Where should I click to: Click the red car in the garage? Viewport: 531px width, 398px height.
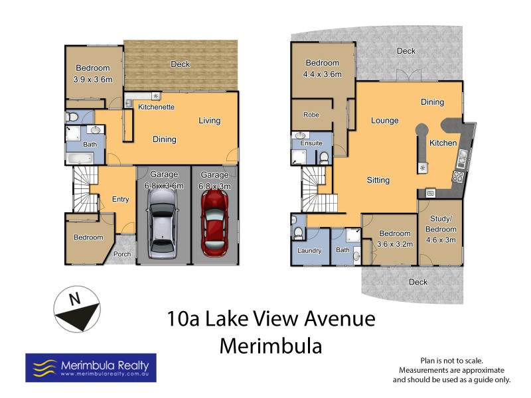[x=214, y=224]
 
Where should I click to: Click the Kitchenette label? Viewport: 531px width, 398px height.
[x=156, y=107]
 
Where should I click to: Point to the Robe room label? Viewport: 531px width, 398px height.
[x=311, y=115]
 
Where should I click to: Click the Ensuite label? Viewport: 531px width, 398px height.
[x=311, y=143]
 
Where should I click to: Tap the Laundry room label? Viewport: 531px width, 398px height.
[x=310, y=251]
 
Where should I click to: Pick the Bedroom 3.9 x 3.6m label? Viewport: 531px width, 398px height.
[x=92, y=72]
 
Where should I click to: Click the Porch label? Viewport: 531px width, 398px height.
[x=122, y=254]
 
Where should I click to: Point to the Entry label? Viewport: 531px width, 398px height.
[x=121, y=199]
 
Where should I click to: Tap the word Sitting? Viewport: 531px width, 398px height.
[x=378, y=180]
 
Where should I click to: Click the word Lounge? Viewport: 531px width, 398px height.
[x=384, y=121]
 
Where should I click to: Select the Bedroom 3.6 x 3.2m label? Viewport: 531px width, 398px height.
[x=395, y=238]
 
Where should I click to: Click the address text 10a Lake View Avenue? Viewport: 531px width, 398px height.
[x=271, y=319]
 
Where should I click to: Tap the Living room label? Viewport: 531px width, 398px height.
[x=209, y=121]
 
